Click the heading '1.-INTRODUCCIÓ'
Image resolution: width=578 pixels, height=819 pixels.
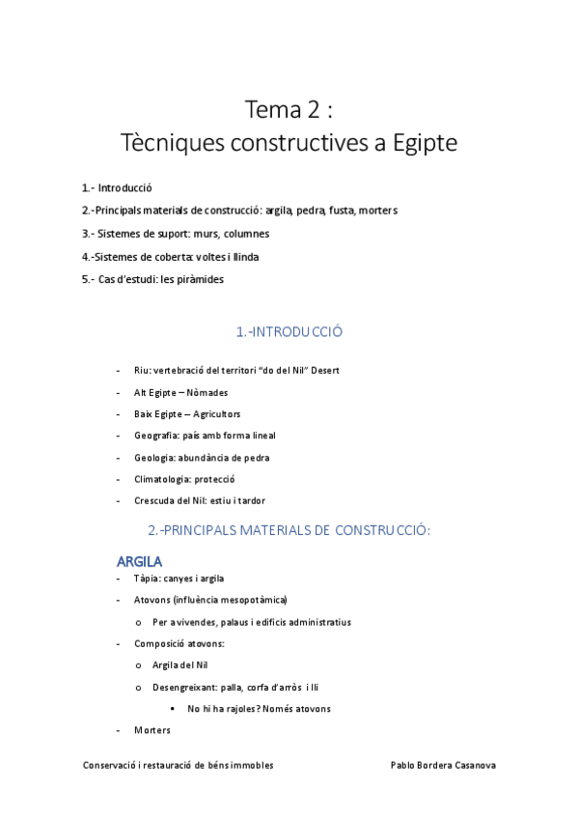click(x=289, y=332)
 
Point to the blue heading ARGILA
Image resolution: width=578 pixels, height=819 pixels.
click(x=139, y=560)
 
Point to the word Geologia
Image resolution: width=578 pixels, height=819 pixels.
click(x=154, y=457)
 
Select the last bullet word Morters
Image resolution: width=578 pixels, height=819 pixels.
click(x=152, y=730)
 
